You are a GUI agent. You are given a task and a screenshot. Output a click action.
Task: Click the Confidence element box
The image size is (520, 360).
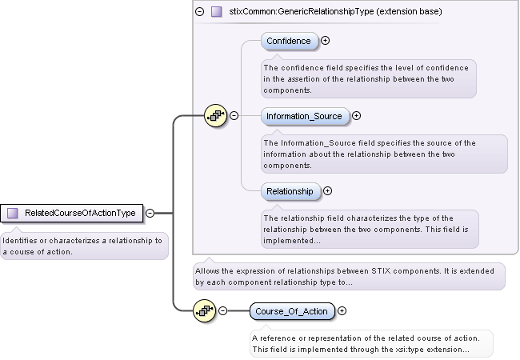(289, 41)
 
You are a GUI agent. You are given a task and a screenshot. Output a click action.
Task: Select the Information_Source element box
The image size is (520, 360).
(304, 116)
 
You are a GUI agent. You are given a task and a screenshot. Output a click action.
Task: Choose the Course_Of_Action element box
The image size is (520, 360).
(291, 311)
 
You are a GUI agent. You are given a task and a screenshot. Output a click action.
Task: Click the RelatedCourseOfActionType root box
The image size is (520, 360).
(73, 214)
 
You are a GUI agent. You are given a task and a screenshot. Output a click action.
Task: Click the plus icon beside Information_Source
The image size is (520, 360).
(357, 116)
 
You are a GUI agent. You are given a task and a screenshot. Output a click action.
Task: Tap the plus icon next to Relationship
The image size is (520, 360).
(327, 191)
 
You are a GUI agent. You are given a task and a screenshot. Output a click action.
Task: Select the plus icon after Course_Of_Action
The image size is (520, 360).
(342, 311)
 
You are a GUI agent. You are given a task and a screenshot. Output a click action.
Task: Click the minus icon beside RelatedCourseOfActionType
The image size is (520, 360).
(150, 214)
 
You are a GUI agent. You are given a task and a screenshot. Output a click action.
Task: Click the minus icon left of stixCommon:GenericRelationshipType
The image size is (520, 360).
(200, 12)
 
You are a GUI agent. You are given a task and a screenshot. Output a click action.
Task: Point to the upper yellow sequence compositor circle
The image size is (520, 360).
(216, 116)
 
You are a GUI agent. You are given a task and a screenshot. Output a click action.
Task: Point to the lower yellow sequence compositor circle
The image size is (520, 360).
(205, 311)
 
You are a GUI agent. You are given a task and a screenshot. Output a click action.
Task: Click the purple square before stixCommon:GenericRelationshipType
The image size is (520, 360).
(216, 12)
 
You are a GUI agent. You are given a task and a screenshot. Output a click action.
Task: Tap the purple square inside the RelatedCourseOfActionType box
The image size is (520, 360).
(13, 214)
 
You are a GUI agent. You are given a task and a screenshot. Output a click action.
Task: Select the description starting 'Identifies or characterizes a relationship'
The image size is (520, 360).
(84, 246)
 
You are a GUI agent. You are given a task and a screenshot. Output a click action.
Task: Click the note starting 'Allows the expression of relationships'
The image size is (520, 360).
(349, 276)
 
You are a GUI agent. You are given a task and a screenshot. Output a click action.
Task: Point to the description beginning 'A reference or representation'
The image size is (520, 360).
(370, 343)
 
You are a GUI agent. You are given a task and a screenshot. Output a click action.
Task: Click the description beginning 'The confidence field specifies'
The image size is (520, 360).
(368, 79)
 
